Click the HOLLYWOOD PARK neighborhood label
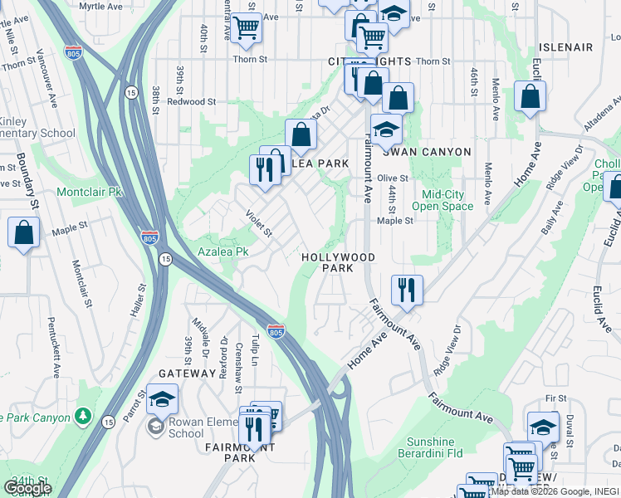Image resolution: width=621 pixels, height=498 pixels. tap(338, 263)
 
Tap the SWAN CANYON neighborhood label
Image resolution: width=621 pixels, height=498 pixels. tap(426, 152)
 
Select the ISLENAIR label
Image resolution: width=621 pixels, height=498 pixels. tap(565, 47)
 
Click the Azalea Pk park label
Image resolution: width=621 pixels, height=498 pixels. tap(222, 251)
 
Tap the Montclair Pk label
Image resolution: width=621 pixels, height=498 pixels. tap(89, 192)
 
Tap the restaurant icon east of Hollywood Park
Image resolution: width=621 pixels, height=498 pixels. tap(407, 290)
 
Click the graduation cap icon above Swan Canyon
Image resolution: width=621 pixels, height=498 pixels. tap(386, 129)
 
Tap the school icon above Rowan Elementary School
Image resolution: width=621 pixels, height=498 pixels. tap(163, 399)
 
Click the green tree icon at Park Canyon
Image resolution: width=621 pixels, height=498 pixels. tap(82, 414)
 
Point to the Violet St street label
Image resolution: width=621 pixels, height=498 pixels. tap(259, 222)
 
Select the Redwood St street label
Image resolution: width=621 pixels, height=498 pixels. tap(191, 101)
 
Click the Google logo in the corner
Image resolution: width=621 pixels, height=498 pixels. tap(27, 488)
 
